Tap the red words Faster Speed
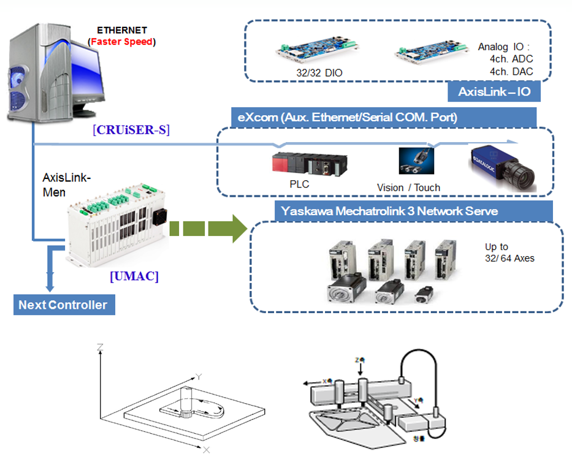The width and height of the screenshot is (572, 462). pos(121,42)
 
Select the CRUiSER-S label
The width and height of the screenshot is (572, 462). pos(131,130)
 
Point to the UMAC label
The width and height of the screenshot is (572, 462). pos(134,276)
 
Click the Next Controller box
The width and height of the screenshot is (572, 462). pos(64,305)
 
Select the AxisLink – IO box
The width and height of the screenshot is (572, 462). pos(494,93)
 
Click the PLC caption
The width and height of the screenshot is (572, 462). pos(299,183)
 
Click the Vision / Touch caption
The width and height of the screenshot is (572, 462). pos(408,187)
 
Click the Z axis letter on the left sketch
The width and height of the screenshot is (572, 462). pos(99,347)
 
